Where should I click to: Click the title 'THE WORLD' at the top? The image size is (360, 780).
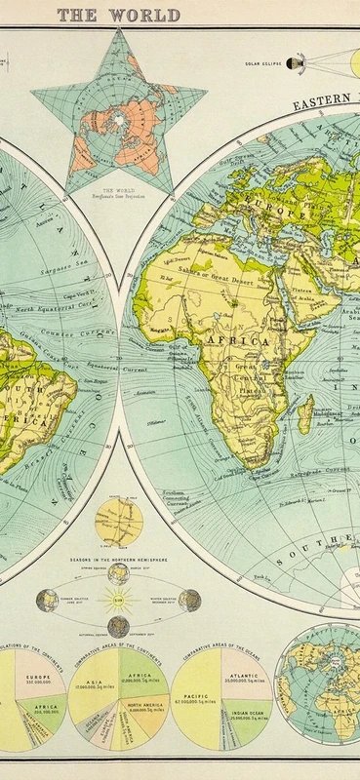click(x=118, y=15)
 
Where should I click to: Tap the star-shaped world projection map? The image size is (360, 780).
click(x=119, y=107)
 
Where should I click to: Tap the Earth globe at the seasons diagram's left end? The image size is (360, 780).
click(x=45, y=601)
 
